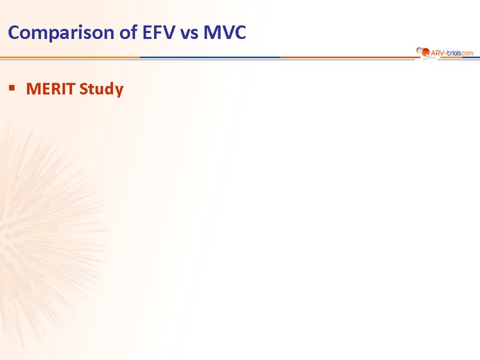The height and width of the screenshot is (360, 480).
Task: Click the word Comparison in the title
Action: [x=61, y=33]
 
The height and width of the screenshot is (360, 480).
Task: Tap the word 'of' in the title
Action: [x=128, y=32]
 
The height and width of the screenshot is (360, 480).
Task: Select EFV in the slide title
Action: [x=158, y=32]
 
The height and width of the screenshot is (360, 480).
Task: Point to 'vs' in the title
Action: [x=189, y=34]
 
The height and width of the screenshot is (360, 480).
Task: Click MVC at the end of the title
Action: [x=224, y=32]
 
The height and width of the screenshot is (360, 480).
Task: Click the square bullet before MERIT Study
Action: [x=12, y=88]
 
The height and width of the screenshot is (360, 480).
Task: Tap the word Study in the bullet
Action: [x=101, y=89]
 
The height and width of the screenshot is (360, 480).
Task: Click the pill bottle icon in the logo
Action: [x=422, y=52]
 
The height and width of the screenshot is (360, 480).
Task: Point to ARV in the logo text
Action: [x=437, y=53]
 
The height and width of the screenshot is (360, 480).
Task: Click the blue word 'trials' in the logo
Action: [x=454, y=53]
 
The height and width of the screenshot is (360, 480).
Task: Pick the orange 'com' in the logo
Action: [x=467, y=53]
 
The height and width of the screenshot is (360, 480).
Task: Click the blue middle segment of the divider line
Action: [x=210, y=57]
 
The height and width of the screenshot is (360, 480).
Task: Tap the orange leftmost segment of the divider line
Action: [x=70, y=57]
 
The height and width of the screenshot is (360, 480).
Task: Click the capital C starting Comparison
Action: [x=14, y=32]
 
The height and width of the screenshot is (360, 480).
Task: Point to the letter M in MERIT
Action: [x=33, y=89]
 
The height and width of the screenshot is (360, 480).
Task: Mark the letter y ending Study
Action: [x=119, y=91]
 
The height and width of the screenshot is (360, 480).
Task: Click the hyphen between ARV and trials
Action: [x=445, y=53]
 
